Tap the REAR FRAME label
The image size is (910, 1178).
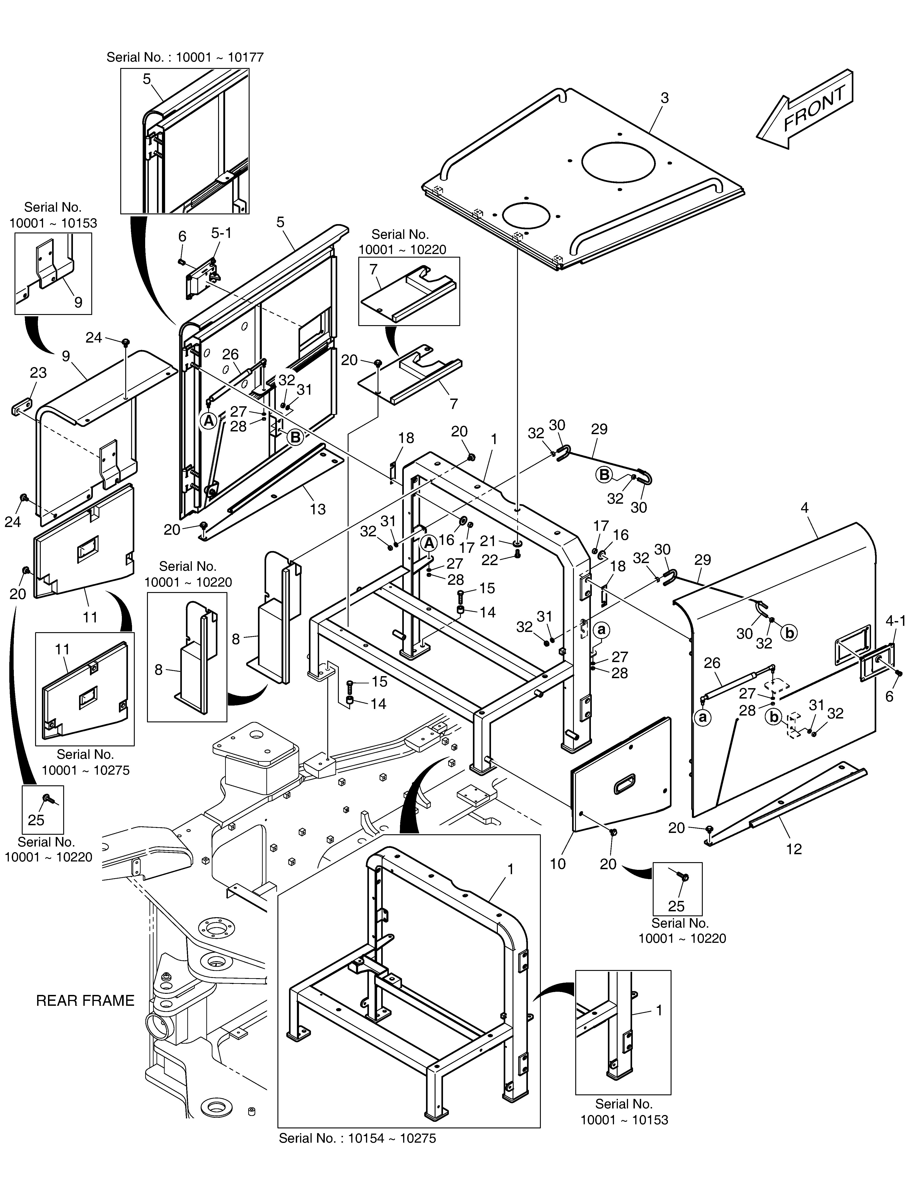point(85,1001)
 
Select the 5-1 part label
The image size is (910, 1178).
point(221,233)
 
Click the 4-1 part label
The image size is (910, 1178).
point(896,621)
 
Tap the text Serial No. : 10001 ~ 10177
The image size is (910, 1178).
point(185,57)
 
